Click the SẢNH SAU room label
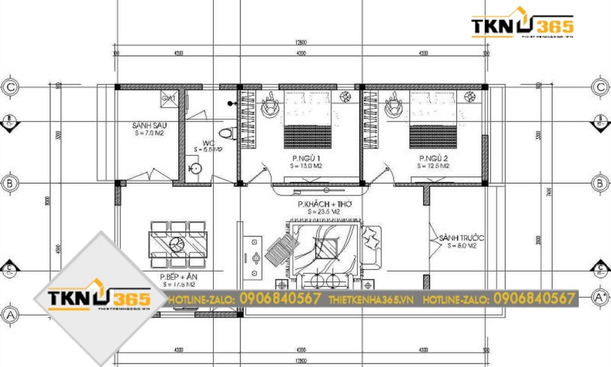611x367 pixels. (x=150, y=125)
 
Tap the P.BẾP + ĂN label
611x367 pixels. (x=177, y=277)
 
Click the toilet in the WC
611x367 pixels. (x=228, y=132)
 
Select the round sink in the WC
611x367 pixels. (x=195, y=169)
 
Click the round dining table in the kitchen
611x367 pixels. (x=178, y=245)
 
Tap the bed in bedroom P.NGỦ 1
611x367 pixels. (x=307, y=119)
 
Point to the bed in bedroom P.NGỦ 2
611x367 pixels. (x=434, y=119)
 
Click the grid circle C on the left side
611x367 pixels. (x=10, y=87)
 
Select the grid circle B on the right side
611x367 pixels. (x=601, y=183)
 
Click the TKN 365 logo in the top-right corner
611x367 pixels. (x=522, y=24)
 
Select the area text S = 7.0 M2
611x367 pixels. (x=150, y=133)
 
